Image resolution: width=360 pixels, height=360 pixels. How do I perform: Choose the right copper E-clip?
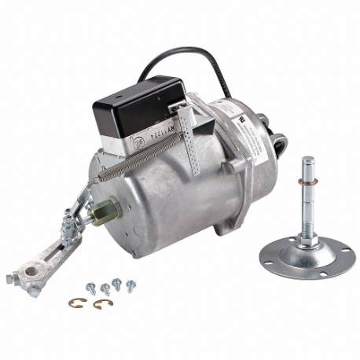pos(100,303)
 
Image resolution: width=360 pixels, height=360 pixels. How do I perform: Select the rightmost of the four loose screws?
pos(130,284)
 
